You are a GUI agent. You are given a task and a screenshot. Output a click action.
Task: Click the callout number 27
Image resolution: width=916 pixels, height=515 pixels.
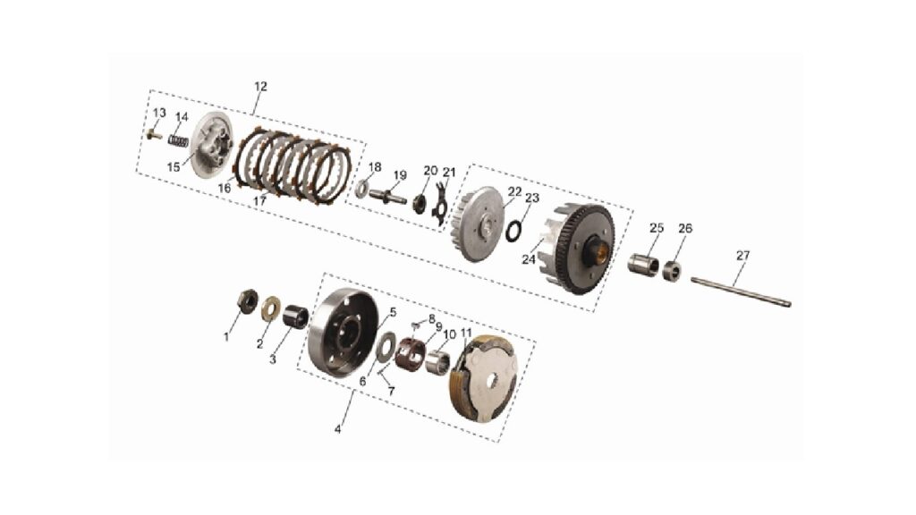[x=742, y=256]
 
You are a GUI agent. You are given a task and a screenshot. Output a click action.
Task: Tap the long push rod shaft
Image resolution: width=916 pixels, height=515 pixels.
[x=741, y=291]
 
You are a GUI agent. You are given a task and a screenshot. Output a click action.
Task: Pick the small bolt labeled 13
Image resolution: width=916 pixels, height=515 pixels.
[x=155, y=135]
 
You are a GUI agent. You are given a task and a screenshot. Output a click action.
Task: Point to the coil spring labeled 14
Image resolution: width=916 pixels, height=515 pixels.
[x=179, y=141]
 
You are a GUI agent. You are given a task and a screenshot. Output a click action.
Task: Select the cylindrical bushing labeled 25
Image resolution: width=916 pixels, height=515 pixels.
[x=643, y=264]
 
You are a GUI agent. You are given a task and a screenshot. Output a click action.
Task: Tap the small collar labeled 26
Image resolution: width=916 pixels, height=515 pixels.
[x=673, y=271]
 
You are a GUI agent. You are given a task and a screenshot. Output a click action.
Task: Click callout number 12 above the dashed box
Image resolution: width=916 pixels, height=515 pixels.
[x=260, y=87]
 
